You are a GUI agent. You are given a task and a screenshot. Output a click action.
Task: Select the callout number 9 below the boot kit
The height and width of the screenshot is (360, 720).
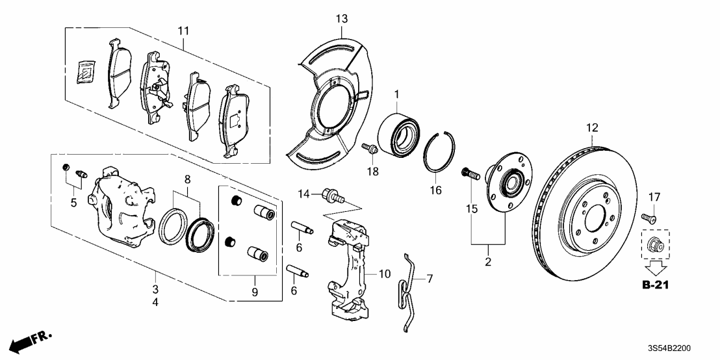255,293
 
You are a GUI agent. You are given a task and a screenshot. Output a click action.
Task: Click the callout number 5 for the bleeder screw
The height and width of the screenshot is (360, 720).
73,202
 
